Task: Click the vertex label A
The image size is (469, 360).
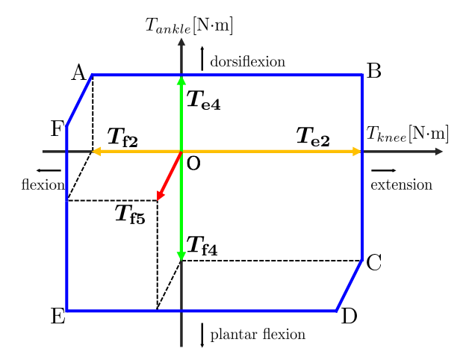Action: [x=78, y=72]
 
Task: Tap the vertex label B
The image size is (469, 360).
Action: [x=374, y=71]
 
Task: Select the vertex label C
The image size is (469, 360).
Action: [x=375, y=262]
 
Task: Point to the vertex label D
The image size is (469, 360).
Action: [x=348, y=316]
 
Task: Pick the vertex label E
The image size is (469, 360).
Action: [x=58, y=316]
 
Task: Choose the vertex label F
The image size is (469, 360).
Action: [x=57, y=129]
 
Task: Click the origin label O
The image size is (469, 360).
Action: [x=193, y=164]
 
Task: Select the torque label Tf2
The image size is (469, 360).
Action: [x=122, y=137]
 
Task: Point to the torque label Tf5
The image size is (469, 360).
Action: [x=130, y=214]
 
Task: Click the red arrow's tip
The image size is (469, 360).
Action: [x=158, y=199]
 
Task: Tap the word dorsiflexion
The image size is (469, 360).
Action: [x=247, y=61]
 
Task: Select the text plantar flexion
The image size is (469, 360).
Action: [x=258, y=334]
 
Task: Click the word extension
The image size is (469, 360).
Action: [x=401, y=184]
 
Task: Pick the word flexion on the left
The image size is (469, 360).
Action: [x=43, y=184]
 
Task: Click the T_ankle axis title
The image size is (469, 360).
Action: [x=189, y=25]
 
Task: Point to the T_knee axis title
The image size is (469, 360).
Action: [x=407, y=134]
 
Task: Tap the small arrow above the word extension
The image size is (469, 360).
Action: [x=383, y=171]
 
